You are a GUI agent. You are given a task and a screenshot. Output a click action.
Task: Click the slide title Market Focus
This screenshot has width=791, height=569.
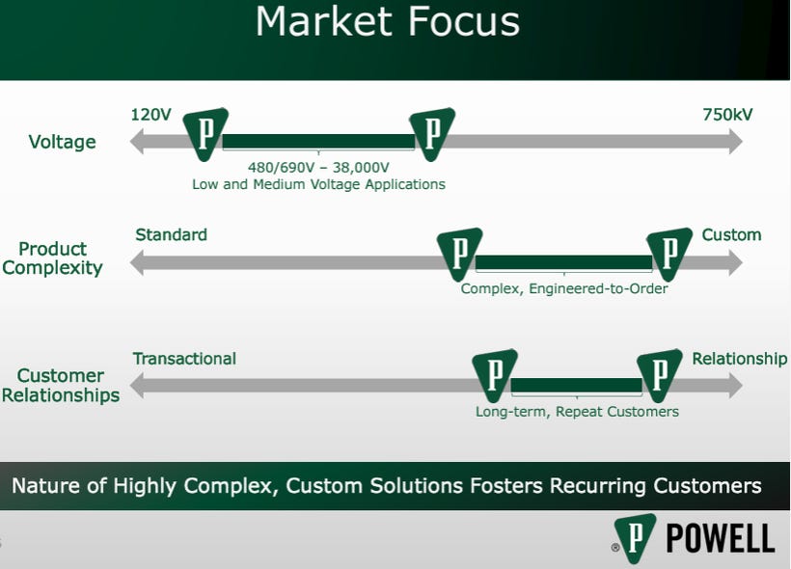(x=387, y=22)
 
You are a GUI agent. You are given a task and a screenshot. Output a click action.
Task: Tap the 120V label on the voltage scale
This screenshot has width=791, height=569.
(x=150, y=115)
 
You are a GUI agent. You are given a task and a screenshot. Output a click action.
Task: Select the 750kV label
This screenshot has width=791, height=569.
(x=727, y=115)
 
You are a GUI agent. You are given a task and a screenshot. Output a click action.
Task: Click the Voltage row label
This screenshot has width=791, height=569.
(x=62, y=142)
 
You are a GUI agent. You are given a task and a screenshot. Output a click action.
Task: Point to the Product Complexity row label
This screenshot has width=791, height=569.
(x=52, y=257)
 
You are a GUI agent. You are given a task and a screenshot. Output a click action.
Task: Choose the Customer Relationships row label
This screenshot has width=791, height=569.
(x=61, y=385)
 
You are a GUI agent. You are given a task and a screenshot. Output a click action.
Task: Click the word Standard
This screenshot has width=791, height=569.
(x=171, y=234)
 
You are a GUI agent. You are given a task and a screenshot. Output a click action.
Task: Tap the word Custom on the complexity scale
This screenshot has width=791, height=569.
(x=731, y=234)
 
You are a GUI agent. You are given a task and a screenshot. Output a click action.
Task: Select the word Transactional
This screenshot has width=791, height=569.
(x=184, y=358)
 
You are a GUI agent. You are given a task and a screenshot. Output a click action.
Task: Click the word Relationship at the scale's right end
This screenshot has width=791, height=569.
(x=739, y=358)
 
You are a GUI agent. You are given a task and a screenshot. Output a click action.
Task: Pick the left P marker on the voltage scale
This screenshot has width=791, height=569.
(x=205, y=133)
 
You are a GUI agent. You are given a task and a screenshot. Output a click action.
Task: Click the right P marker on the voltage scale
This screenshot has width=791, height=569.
(x=431, y=133)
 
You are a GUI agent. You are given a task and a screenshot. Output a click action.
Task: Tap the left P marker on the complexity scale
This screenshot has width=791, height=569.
(x=459, y=254)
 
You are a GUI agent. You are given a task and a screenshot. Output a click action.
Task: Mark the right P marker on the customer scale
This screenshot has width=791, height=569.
(x=659, y=375)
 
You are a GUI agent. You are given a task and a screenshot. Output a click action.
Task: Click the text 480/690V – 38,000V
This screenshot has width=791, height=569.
(x=318, y=166)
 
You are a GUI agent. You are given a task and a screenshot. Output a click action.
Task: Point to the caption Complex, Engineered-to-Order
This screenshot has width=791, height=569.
(x=563, y=287)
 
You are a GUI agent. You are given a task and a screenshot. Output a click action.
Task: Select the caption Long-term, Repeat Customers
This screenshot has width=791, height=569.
(x=577, y=411)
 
